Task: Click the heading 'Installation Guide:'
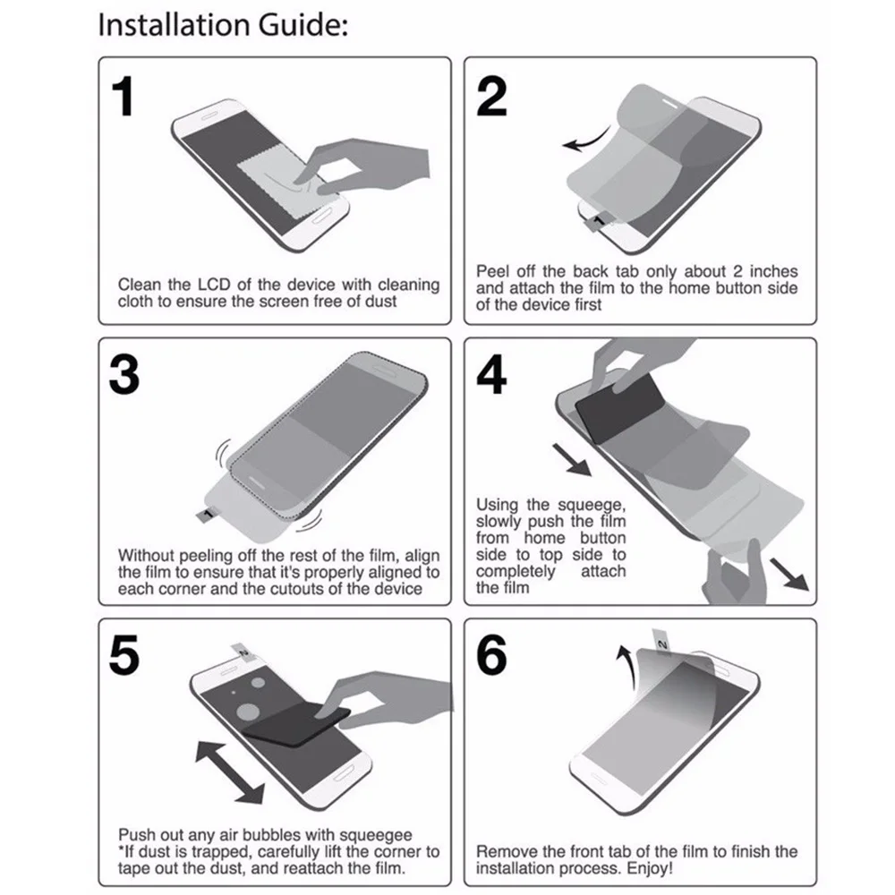point(223,26)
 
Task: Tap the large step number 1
point(124,97)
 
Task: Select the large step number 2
point(491,97)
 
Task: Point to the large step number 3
point(124,375)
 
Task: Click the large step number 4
point(491,375)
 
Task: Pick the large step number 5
point(124,655)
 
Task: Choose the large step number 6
point(491,655)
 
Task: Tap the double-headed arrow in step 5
point(229,772)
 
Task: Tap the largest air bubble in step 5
point(248,713)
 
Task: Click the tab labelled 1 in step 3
point(207,515)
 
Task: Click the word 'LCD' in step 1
point(214,285)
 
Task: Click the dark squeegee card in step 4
point(620,407)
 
